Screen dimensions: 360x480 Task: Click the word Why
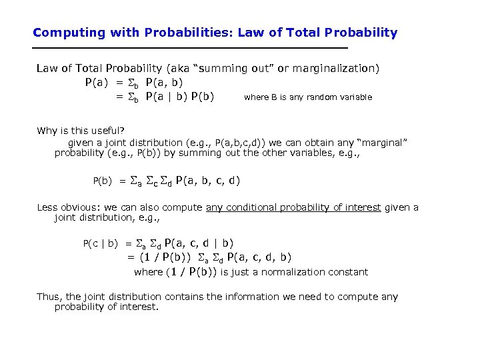(47, 130)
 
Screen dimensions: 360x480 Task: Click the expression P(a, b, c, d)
(207, 180)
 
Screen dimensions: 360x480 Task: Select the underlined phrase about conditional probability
(293, 207)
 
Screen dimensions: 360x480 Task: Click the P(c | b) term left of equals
(100, 244)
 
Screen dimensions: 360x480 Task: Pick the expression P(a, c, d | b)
(198, 243)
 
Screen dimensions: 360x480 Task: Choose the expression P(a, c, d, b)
(259, 257)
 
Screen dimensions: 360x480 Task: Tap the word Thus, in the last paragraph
(49, 297)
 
